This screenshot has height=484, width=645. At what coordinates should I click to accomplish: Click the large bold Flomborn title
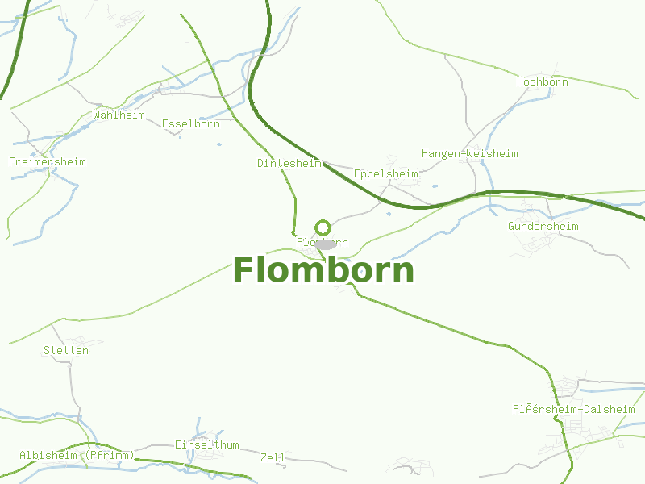(323, 271)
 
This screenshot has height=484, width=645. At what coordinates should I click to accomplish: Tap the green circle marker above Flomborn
(322, 227)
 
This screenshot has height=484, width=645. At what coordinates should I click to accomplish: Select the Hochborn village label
(542, 82)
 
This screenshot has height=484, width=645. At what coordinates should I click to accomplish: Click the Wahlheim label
(119, 115)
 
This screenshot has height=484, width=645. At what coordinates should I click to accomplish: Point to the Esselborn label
(190, 124)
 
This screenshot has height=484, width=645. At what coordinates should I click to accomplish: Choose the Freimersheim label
(47, 162)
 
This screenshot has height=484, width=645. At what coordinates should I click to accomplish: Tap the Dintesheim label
(289, 163)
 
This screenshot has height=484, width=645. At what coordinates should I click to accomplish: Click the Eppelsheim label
(385, 174)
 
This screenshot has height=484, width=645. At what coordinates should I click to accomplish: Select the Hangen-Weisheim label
(469, 154)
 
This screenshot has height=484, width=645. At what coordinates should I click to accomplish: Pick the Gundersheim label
(543, 227)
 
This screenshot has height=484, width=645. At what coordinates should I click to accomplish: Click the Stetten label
(65, 351)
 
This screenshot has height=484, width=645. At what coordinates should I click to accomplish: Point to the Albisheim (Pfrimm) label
(77, 456)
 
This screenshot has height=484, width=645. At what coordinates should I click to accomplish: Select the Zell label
(273, 458)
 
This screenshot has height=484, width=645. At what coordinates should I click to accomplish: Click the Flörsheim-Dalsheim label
(573, 410)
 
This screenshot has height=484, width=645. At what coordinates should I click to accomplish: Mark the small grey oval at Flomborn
(326, 244)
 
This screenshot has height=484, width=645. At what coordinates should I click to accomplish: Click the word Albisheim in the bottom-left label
(48, 456)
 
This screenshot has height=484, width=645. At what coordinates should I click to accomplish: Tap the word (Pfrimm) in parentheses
(108, 456)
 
